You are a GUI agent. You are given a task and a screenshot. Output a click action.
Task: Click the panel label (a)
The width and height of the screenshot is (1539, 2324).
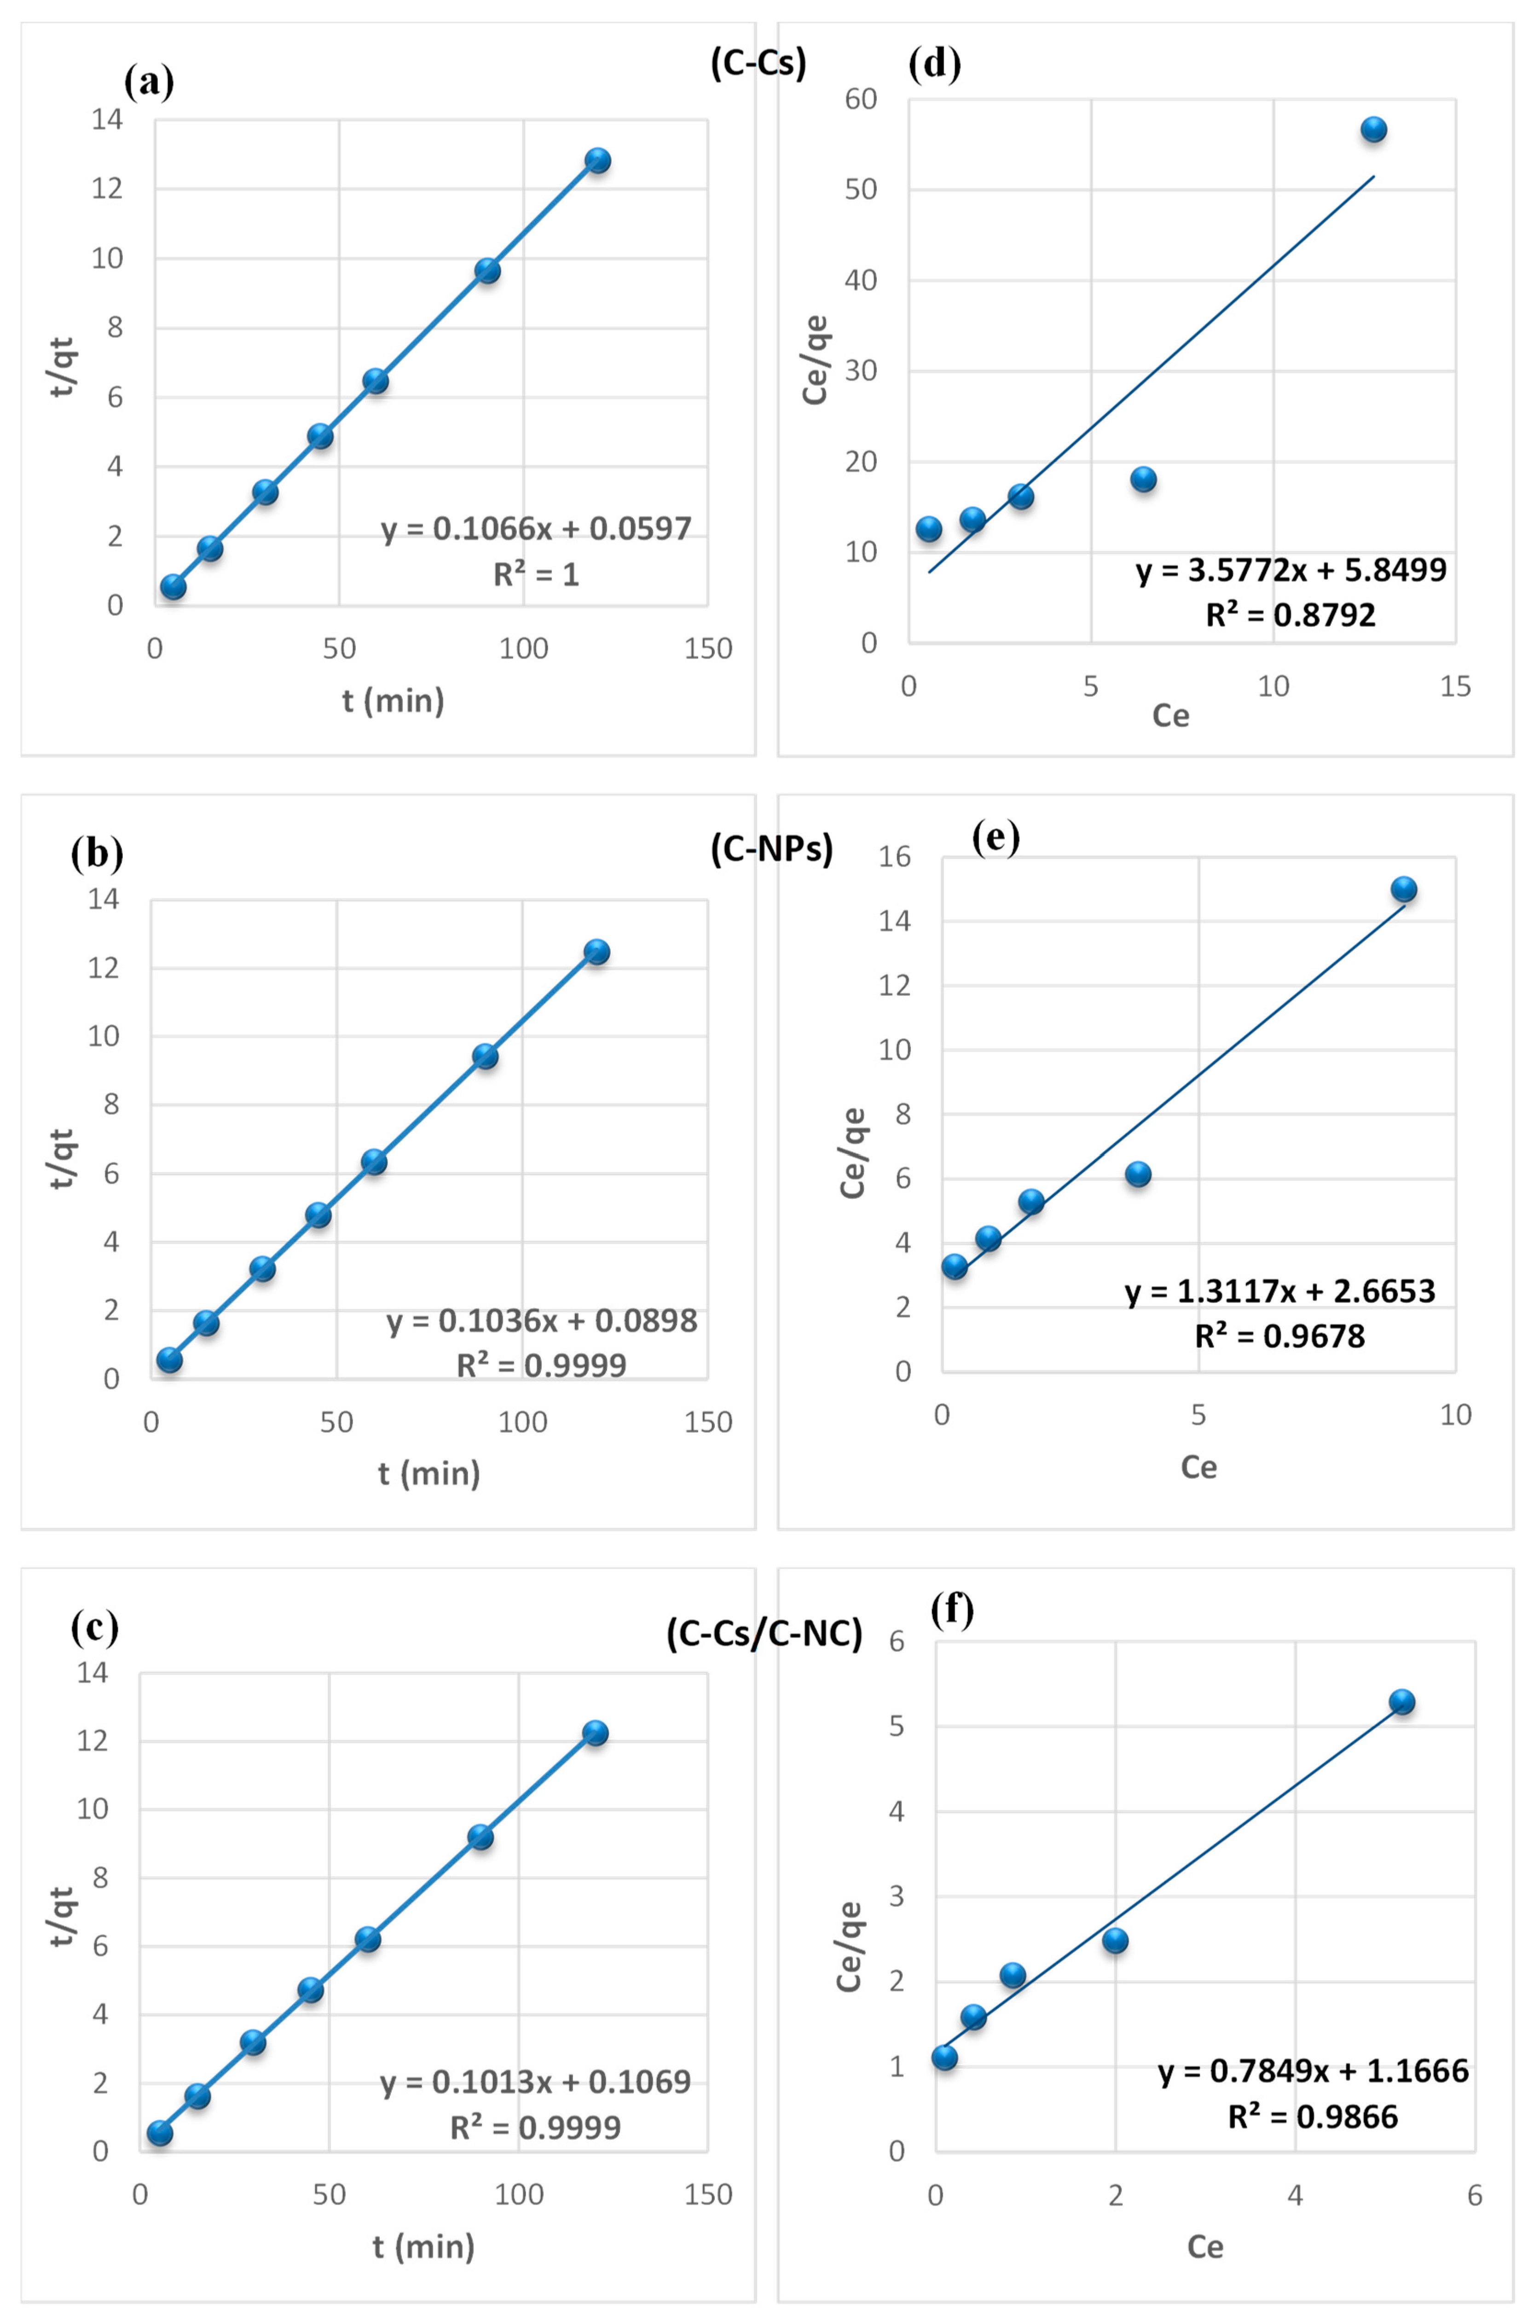[149, 81]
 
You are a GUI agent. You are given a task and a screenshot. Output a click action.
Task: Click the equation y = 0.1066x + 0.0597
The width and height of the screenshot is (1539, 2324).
[536, 529]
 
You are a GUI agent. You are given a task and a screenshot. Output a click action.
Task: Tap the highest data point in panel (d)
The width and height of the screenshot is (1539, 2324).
[1373, 130]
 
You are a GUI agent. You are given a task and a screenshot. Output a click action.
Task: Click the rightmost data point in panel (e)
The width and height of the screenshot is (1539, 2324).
[1404, 889]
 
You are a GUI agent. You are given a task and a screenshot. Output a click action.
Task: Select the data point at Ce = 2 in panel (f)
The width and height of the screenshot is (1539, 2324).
[1115, 1940]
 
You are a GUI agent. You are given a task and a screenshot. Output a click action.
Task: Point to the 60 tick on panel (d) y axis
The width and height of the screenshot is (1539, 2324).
[861, 99]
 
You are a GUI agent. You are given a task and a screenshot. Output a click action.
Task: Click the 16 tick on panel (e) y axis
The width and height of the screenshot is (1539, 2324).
[894, 857]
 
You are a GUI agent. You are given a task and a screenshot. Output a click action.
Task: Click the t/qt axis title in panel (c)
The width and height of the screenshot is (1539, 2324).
[61, 1917]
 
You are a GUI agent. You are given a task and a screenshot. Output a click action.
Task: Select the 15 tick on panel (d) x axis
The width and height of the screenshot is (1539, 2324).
[1456, 687]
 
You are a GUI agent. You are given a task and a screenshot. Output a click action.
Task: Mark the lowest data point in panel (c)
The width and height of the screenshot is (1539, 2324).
[160, 2133]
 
